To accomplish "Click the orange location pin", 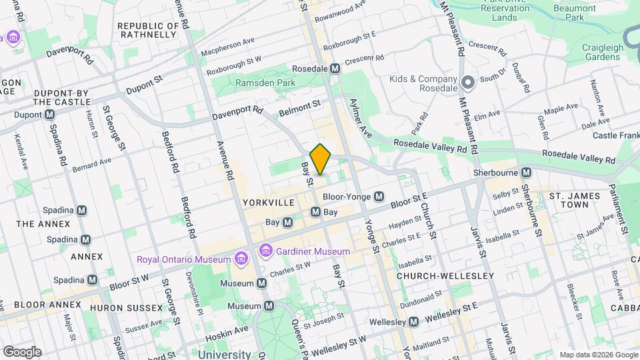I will tap(321, 159).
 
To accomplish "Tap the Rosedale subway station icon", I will tap(335, 69).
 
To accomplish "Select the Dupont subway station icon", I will tap(50, 115).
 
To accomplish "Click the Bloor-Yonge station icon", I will tap(379, 197).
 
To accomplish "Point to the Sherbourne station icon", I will tap(527, 171).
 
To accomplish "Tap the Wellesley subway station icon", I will tap(413, 322).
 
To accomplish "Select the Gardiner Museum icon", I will tap(266, 251).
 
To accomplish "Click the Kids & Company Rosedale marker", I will tap(468, 83).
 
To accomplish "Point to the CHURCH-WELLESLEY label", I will tap(445, 275).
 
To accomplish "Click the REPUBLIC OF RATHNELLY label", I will tap(148, 31).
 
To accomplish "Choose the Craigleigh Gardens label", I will tap(593, 53).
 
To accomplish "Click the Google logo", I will tap(22, 351).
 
